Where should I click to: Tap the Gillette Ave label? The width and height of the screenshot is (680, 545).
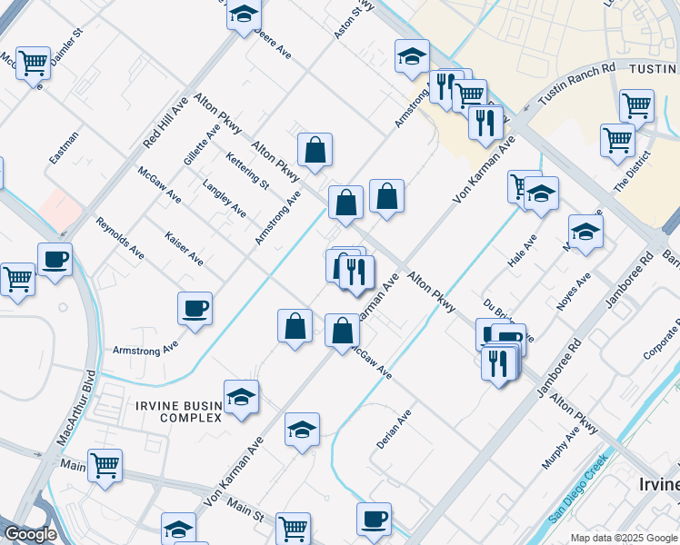coord(202,144)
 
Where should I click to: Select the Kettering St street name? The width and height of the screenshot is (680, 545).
coord(247,171)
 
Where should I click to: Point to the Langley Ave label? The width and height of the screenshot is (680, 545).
coord(224,198)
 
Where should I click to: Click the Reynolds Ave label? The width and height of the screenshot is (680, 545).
coord(120,237)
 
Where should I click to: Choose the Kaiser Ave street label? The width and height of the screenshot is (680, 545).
coord(184,247)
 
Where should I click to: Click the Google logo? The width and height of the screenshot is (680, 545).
coord(30,534)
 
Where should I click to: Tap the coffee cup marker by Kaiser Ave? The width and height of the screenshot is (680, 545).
coord(195,309)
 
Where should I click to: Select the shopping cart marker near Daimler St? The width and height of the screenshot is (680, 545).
coord(33,63)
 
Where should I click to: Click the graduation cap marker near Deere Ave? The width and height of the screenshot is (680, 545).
coord(243,15)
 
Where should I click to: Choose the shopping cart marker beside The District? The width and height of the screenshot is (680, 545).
coord(617,140)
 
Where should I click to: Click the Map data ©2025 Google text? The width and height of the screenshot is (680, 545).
coord(625,538)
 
